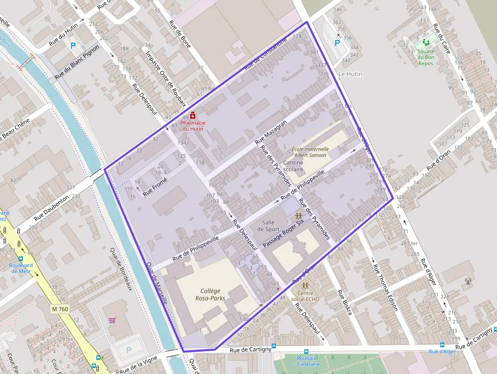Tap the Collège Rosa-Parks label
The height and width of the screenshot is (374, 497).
click(210, 294)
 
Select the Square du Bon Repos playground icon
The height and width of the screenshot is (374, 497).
click(425, 44)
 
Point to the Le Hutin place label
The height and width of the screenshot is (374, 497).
click(350, 74)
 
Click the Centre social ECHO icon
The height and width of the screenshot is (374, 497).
click(305, 286)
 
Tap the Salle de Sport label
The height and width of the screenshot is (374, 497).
click(268, 226)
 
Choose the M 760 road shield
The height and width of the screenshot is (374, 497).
click(60, 309)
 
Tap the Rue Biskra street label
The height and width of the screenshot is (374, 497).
click(344, 303)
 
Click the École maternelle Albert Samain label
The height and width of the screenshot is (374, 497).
click(310, 152)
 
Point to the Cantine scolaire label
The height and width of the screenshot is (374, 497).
click(293, 165)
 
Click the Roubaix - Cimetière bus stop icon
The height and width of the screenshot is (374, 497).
click(306, 351)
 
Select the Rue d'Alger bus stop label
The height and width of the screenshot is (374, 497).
click(442, 351)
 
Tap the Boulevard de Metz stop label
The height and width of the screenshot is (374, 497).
click(21, 268)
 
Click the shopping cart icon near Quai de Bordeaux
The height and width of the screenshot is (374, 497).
click(112, 320)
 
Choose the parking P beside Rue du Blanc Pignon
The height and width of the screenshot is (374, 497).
click(73, 46)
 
